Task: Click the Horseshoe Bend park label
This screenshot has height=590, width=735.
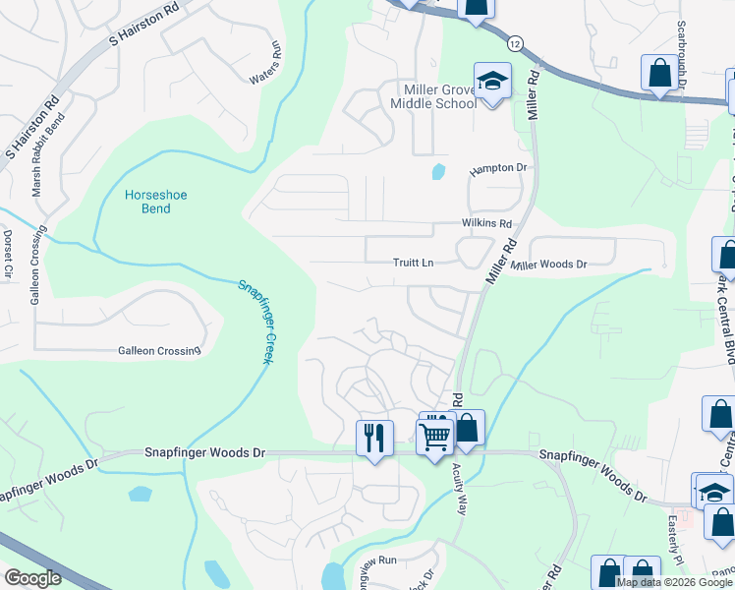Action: (155, 202)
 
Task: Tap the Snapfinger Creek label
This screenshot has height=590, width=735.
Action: (254, 322)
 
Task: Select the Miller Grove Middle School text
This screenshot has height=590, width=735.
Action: (433, 96)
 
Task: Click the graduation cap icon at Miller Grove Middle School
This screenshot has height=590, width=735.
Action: (492, 81)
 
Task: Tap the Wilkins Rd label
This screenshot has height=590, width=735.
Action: (487, 223)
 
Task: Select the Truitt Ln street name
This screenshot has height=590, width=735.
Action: (413, 263)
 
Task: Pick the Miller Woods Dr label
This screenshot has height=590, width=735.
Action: (548, 265)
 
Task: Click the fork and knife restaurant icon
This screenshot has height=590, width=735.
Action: (374, 437)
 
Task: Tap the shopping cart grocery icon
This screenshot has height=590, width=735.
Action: (434, 436)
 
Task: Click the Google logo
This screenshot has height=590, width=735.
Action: (32, 578)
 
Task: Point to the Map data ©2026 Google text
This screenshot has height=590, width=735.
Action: (673, 582)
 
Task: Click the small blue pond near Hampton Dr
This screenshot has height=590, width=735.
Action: (437, 171)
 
